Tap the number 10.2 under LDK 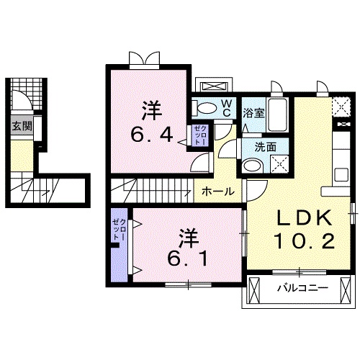click(x=302, y=242)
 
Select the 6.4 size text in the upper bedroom click(x=151, y=134)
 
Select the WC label click(x=226, y=108)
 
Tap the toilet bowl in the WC click(x=206, y=109)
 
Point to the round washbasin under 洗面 click(x=251, y=166)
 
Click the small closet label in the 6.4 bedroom click(x=199, y=136)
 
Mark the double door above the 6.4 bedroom click(x=141, y=58)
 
